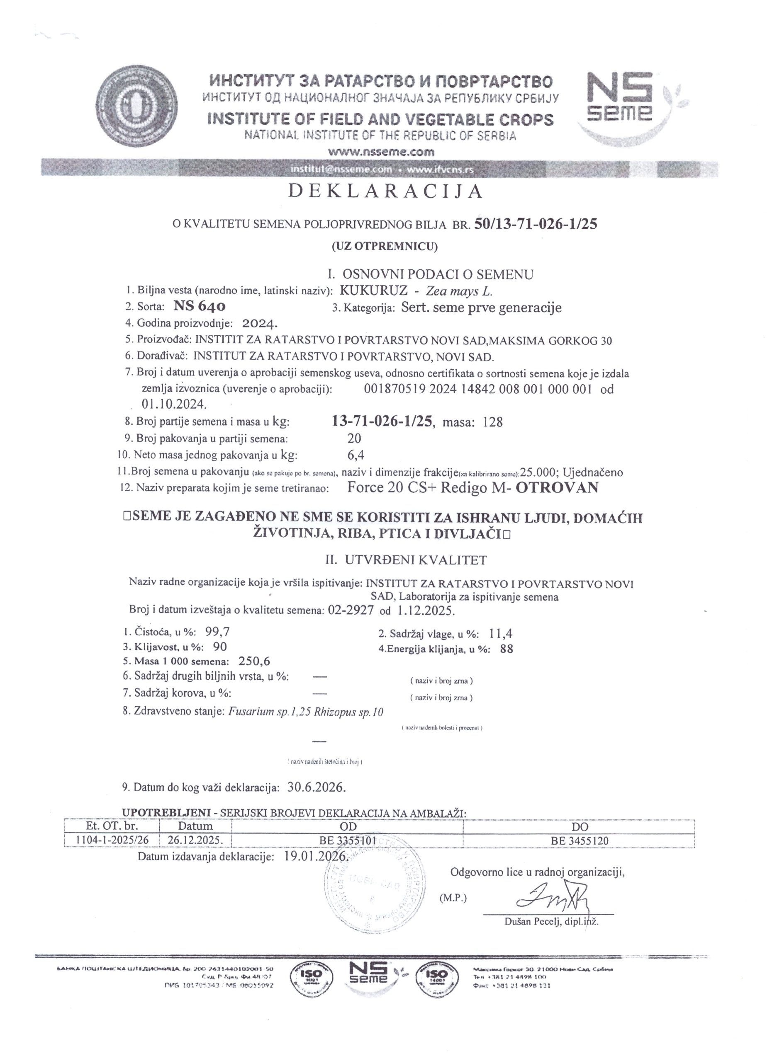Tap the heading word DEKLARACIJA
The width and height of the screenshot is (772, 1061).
tap(385, 191)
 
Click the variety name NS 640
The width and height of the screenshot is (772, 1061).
tap(200, 306)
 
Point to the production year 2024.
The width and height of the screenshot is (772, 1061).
tap(260, 323)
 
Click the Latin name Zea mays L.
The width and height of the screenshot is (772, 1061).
tap(459, 291)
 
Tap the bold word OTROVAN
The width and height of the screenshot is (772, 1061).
tap(557, 488)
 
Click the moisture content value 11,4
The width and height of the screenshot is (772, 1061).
tap(500, 634)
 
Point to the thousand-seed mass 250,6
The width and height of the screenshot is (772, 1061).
tap(254, 661)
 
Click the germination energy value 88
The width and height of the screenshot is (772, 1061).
tap(507, 649)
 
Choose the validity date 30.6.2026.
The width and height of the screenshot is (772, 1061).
tap(317, 787)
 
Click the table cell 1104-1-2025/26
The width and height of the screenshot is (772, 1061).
tap(112, 840)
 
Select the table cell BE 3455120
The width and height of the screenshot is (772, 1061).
tap(580, 841)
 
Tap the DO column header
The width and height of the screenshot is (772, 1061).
tap(580, 826)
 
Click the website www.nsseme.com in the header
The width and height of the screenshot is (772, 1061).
tap(381, 152)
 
